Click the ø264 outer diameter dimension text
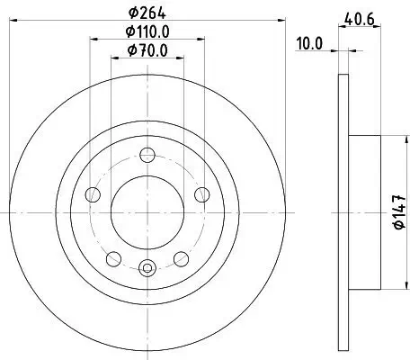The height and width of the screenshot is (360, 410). [147, 13]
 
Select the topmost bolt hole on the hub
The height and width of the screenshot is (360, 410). [147, 150]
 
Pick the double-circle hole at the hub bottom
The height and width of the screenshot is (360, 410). [147, 266]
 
